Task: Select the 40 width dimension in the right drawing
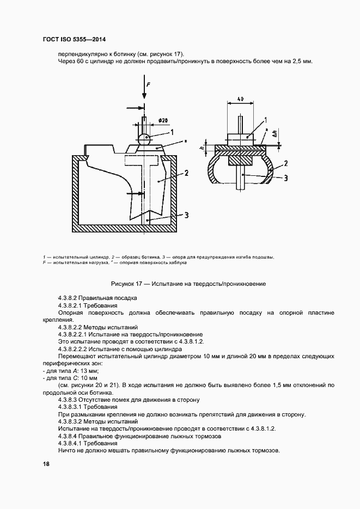coord(240,100)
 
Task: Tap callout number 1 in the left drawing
coord(172,132)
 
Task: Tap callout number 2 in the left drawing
coord(186,173)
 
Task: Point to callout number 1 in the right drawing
coord(265,119)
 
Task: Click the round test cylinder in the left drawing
coord(144,138)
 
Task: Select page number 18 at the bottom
coord(46,464)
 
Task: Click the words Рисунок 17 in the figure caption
coord(129,284)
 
